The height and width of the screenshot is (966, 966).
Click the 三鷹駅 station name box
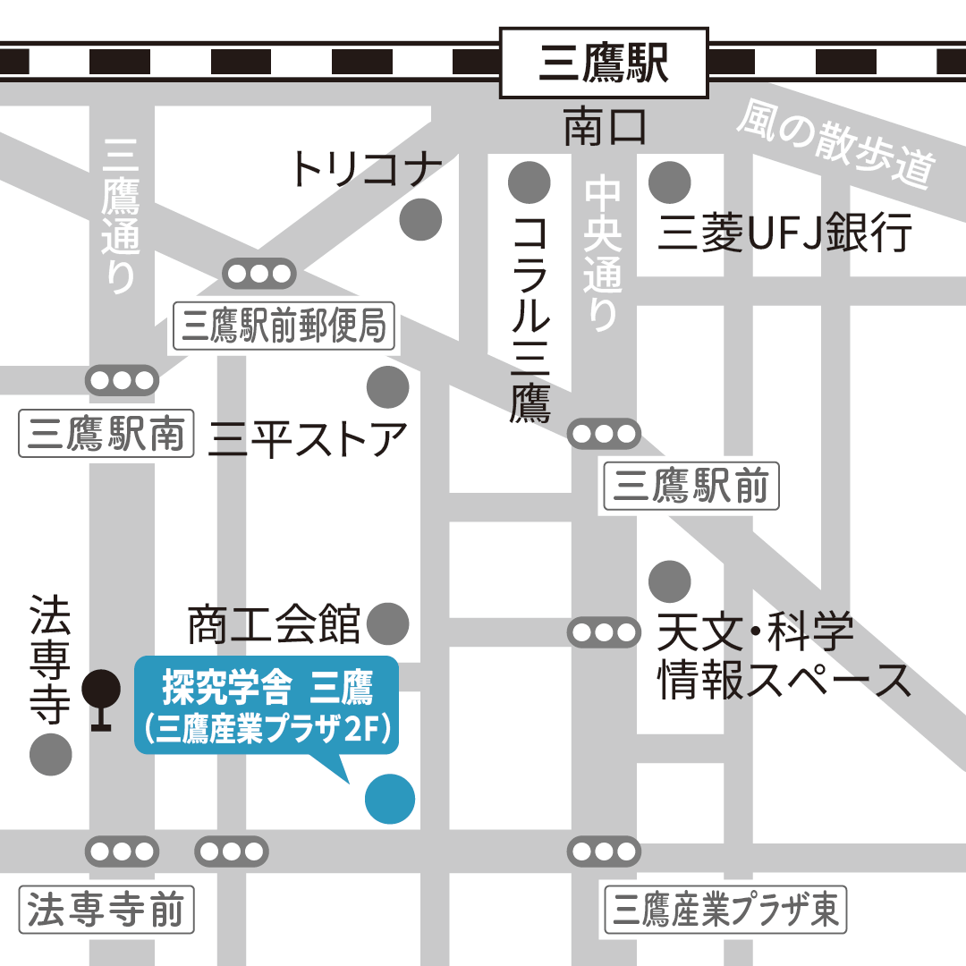[604, 63]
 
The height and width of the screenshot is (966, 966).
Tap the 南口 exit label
[605, 129]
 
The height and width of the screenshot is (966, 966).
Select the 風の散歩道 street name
[835, 147]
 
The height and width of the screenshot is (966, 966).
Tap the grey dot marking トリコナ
[419, 219]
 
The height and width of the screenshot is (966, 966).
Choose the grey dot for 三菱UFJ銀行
[670, 182]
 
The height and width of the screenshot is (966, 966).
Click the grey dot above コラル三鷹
[530, 182]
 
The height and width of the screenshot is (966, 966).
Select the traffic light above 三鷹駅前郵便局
[258, 274]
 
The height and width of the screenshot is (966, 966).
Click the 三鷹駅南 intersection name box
[106, 436]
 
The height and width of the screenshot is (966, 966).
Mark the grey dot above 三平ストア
[388, 387]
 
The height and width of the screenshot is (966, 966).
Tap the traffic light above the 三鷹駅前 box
[605, 435]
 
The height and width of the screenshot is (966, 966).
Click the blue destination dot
[390, 798]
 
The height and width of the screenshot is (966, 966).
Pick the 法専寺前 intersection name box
[106, 911]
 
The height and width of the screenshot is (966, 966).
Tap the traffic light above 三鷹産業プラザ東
[605, 851]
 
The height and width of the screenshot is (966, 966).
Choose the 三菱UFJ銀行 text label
[785, 233]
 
